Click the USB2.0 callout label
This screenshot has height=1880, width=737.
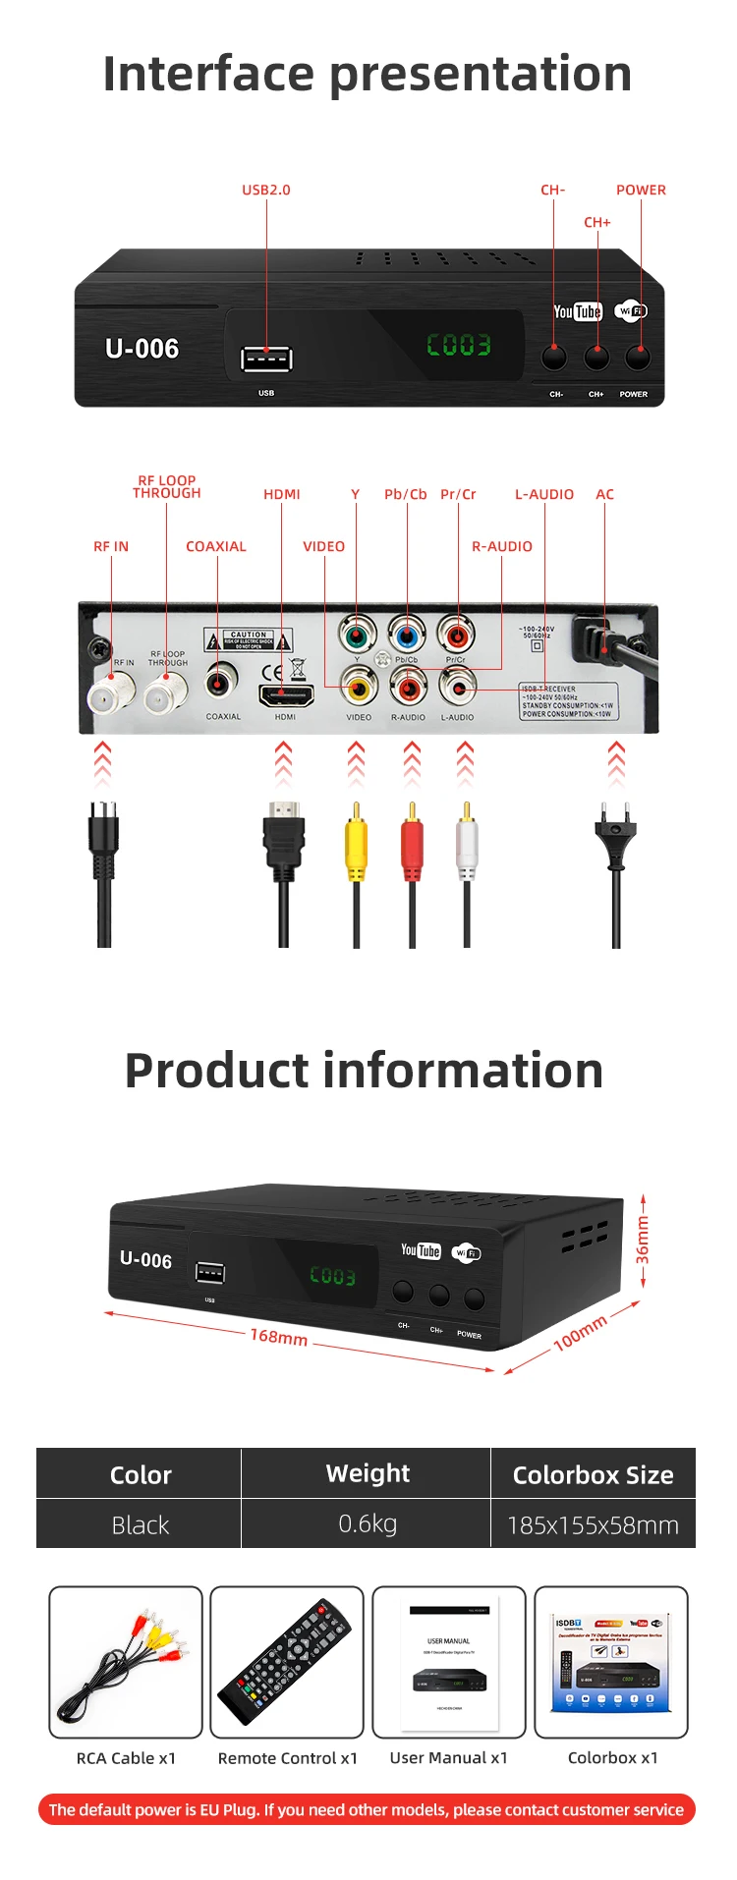pyautogui.click(x=266, y=190)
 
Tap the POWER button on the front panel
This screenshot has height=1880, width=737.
pyautogui.click(x=638, y=358)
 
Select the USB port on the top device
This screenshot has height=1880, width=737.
pyautogui.click(x=266, y=359)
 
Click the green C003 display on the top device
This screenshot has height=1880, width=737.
pyautogui.click(x=458, y=345)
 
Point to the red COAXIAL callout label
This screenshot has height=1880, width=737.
pyautogui.click(x=216, y=546)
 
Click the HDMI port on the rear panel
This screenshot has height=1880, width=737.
pyautogui.click(x=285, y=695)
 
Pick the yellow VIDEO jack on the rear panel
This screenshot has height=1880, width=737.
pyautogui.click(x=359, y=687)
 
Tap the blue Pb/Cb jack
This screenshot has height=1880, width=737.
pyautogui.click(x=406, y=635)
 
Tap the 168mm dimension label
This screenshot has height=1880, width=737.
pyautogui.click(x=278, y=1337)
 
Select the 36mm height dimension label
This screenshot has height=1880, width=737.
pyautogui.click(x=643, y=1240)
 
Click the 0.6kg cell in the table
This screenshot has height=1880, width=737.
pyautogui.click(x=368, y=1523)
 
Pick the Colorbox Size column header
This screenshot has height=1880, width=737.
pyautogui.click(x=593, y=1474)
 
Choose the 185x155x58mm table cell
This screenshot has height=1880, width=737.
pyautogui.click(x=593, y=1525)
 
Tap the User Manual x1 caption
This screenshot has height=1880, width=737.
pyautogui.click(x=449, y=1757)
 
